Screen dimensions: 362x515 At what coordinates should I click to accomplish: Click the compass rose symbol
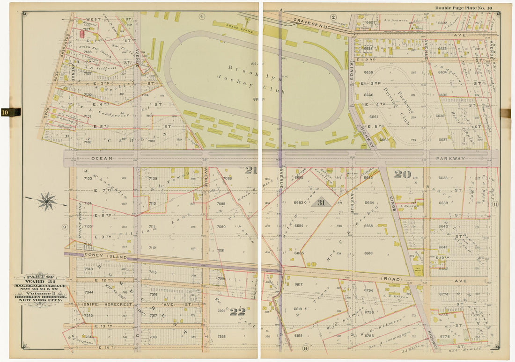[x=46, y=201]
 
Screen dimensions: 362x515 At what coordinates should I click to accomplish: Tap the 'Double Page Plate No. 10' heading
[x=463, y=8]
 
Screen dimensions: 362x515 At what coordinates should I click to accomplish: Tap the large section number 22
[x=237, y=311]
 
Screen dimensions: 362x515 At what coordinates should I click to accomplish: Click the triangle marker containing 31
[x=321, y=203]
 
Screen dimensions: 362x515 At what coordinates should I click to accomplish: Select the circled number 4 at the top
[x=202, y=16]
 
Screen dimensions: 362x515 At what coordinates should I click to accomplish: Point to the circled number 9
[x=65, y=227]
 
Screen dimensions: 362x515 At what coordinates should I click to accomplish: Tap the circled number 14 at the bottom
[x=305, y=348]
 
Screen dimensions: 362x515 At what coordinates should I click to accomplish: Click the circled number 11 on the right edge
[x=495, y=204]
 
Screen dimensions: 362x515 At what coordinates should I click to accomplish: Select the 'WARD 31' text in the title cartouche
[x=40, y=281]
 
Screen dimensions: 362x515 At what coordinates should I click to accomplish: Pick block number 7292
[x=221, y=336]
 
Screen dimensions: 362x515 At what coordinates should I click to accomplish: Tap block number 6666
[x=368, y=253]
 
